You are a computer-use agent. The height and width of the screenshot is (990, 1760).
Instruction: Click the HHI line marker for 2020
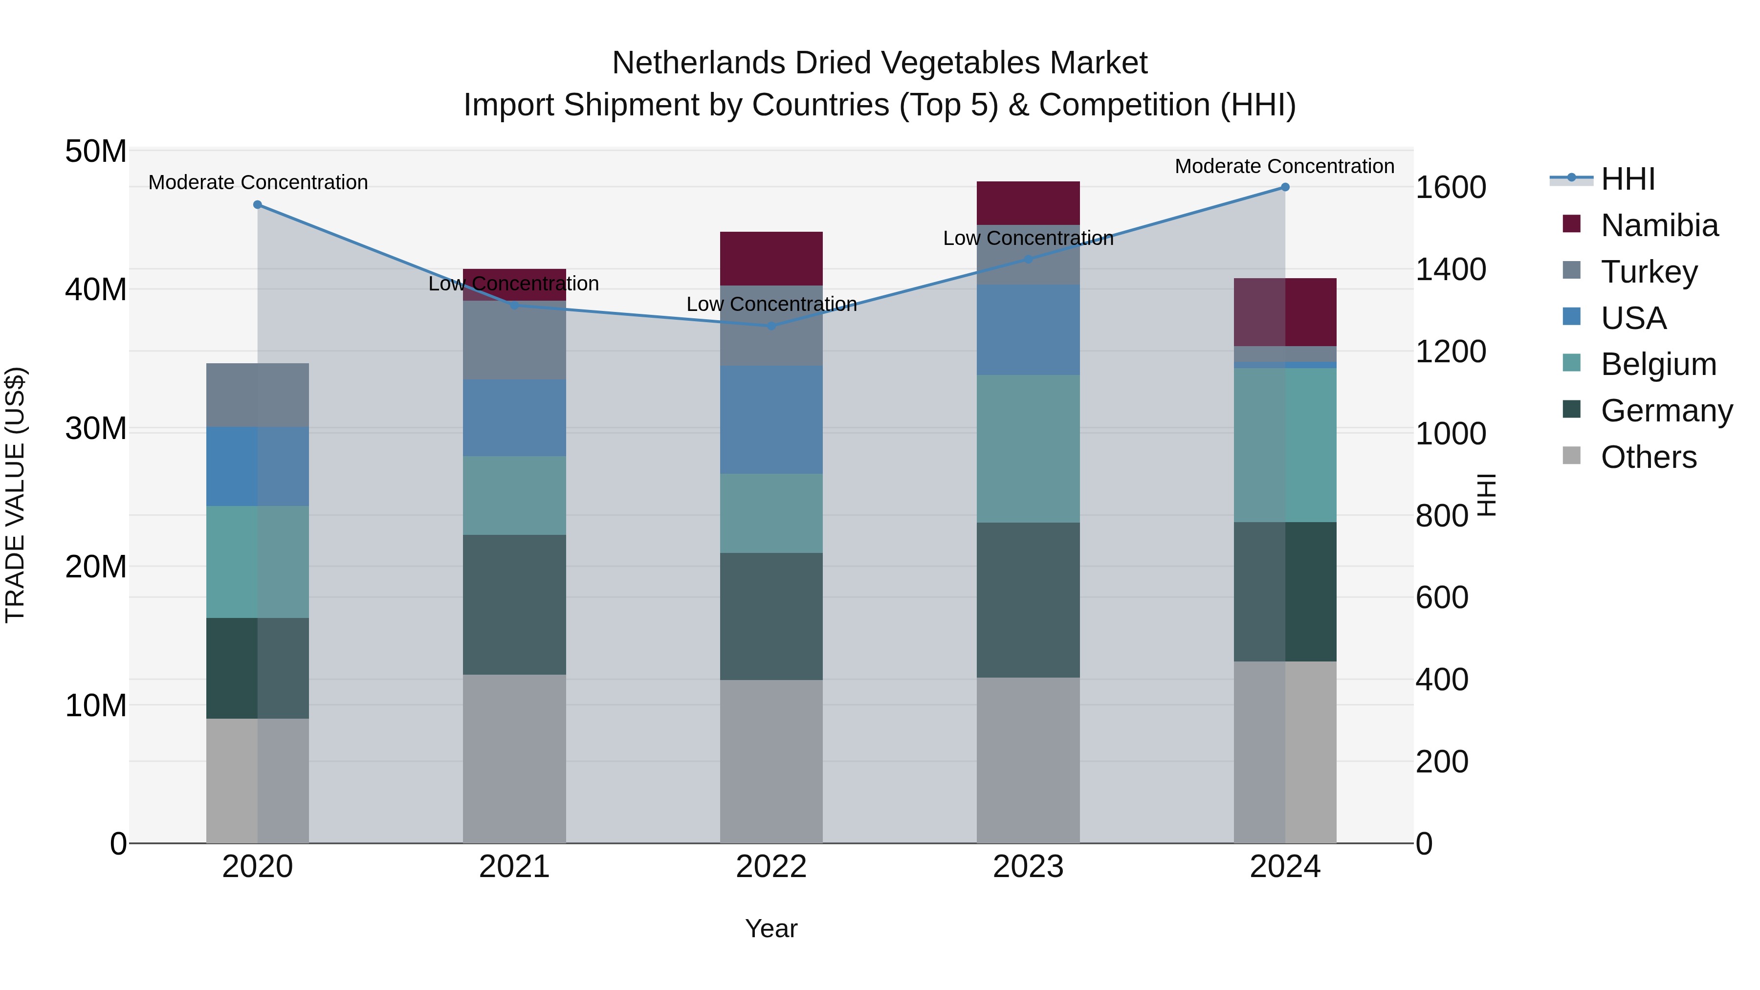click(x=258, y=205)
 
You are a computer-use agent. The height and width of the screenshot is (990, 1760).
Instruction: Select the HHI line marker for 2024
click(x=1285, y=187)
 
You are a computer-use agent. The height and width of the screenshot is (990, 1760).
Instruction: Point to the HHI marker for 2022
click(x=771, y=327)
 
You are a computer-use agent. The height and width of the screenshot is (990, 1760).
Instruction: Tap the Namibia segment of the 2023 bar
click(x=1028, y=203)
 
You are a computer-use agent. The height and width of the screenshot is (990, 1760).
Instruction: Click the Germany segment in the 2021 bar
click(x=514, y=605)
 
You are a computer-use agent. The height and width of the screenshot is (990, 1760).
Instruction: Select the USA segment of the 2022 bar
click(x=771, y=419)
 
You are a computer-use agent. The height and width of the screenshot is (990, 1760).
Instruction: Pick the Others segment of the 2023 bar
click(x=1028, y=760)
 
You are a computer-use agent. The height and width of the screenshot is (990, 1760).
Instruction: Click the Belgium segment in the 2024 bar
click(x=1285, y=445)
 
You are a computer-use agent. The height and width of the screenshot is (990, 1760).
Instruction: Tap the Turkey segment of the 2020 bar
click(x=258, y=395)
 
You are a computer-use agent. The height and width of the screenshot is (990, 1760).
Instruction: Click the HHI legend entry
click(x=1628, y=179)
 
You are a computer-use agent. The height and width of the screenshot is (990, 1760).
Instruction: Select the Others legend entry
click(x=1648, y=457)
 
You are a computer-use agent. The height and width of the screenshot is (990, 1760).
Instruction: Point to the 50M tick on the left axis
click(x=96, y=151)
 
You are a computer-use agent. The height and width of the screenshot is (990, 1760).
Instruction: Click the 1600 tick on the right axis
click(x=1451, y=187)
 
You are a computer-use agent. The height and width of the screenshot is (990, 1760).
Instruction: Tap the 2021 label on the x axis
click(x=514, y=867)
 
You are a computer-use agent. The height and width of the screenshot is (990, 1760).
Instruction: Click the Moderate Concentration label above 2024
click(x=1284, y=166)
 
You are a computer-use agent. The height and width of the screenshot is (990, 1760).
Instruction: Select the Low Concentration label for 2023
click(x=1028, y=239)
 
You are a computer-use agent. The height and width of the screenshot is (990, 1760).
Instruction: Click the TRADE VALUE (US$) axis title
click(x=15, y=495)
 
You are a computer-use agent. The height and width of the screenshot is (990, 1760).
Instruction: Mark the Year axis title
click(x=771, y=928)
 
